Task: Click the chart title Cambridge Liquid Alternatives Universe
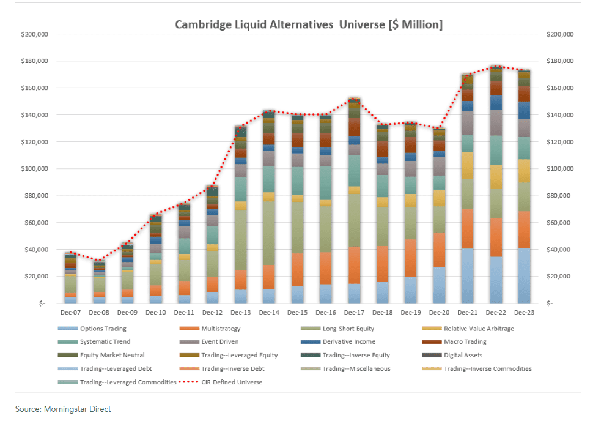click(309, 24)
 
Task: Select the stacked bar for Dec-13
click(240, 214)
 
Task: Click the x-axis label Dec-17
click(354, 313)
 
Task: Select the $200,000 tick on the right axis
click(559, 34)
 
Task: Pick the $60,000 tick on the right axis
click(557, 223)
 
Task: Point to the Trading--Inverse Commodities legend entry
click(487, 368)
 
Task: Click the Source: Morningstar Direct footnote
click(63, 409)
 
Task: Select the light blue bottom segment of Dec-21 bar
click(468, 275)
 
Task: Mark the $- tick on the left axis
click(42, 304)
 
